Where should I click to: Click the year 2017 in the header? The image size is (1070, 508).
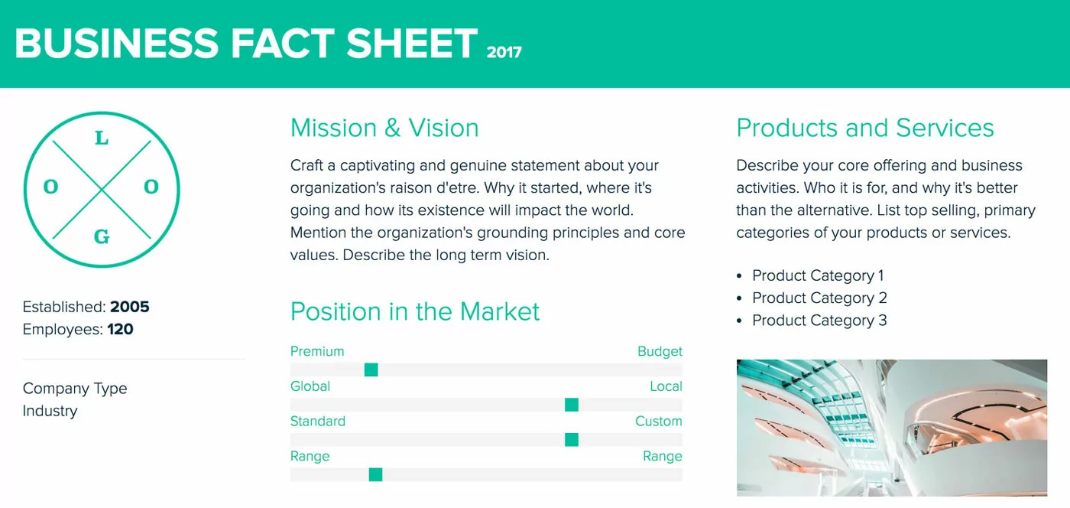pyautogui.click(x=504, y=52)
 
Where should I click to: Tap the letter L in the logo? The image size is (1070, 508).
pyautogui.click(x=101, y=139)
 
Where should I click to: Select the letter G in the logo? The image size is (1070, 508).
pyautogui.click(x=101, y=237)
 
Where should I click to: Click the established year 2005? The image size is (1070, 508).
pyautogui.click(x=130, y=307)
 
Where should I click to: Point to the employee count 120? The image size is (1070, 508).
pyautogui.click(x=121, y=330)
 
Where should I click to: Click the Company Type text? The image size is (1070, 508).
pyautogui.click(x=75, y=389)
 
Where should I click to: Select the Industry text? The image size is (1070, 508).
pyautogui.click(x=50, y=411)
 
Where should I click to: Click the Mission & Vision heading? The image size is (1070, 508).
pyautogui.click(x=384, y=128)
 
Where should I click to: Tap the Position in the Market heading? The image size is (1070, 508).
pyautogui.click(x=415, y=311)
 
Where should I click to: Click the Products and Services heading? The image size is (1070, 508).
pyautogui.click(x=865, y=128)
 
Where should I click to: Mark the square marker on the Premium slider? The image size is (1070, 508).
pyautogui.click(x=371, y=370)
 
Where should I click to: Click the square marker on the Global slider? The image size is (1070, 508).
pyautogui.click(x=572, y=405)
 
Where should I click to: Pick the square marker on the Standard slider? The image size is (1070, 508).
pyautogui.click(x=572, y=440)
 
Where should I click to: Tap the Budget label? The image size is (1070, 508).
pyautogui.click(x=660, y=351)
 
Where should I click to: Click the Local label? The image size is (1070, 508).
pyautogui.click(x=666, y=386)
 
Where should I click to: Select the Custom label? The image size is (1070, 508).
pyautogui.click(x=658, y=422)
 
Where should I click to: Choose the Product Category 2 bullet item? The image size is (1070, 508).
pyautogui.click(x=819, y=298)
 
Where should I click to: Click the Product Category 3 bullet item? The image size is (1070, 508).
pyautogui.click(x=819, y=321)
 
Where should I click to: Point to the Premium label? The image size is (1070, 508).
pyautogui.click(x=317, y=351)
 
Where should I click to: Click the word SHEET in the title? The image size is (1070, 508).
pyautogui.click(x=412, y=43)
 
